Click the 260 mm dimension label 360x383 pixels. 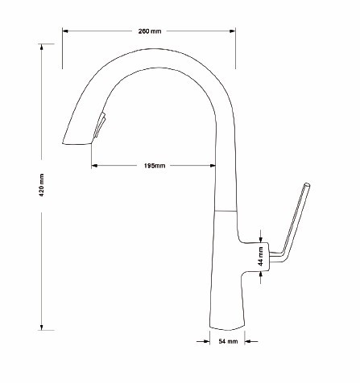pos(150,31)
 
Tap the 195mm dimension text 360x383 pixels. pos(155,166)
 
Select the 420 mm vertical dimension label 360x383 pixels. pos(42,185)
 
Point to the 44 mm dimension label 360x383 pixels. pos(260,257)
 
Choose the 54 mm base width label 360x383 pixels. pos(228,341)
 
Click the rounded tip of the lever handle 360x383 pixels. pos(307,185)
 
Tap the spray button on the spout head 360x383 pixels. pos(99,126)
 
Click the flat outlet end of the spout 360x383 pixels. pos(77,143)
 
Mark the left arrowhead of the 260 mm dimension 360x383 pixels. pos(65,31)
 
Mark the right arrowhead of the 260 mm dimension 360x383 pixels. pos(233,31)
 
